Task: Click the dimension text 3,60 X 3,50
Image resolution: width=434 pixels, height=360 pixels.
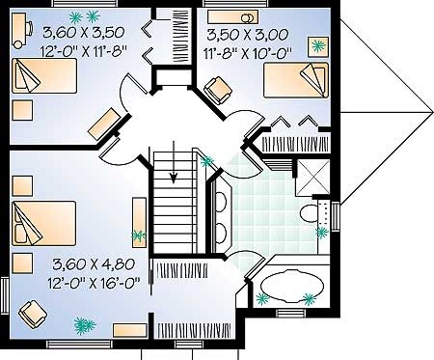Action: pos(83,33)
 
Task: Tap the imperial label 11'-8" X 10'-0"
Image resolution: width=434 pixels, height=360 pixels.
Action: pos(248,53)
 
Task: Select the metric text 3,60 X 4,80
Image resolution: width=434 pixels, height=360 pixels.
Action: pos(94,264)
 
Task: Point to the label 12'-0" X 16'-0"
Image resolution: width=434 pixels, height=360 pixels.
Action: pos(94,283)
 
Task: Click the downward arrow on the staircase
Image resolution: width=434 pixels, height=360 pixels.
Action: pos(174,162)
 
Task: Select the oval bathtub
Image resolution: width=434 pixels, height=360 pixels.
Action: pos(292,287)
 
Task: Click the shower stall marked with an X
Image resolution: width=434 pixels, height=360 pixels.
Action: pos(312,177)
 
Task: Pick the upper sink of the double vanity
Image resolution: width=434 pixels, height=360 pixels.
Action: pos(221,202)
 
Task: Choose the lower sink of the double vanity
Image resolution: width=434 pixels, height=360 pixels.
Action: pos(221,234)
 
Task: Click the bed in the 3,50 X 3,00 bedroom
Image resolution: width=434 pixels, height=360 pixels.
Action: pos(296,80)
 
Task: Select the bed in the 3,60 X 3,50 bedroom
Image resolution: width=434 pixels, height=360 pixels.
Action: pos(44,76)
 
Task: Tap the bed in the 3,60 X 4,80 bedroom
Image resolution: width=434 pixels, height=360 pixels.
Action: pos(44,224)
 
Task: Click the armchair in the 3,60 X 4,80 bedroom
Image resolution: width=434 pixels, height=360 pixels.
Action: pos(33,315)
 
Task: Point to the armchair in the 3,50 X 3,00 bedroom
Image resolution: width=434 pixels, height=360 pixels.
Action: pos(218,91)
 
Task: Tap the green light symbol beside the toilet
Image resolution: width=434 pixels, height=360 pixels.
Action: pos(322,232)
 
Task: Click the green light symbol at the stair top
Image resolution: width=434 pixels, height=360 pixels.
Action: pos(206,161)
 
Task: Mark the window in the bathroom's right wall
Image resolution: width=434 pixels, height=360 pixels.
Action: pos(336,216)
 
